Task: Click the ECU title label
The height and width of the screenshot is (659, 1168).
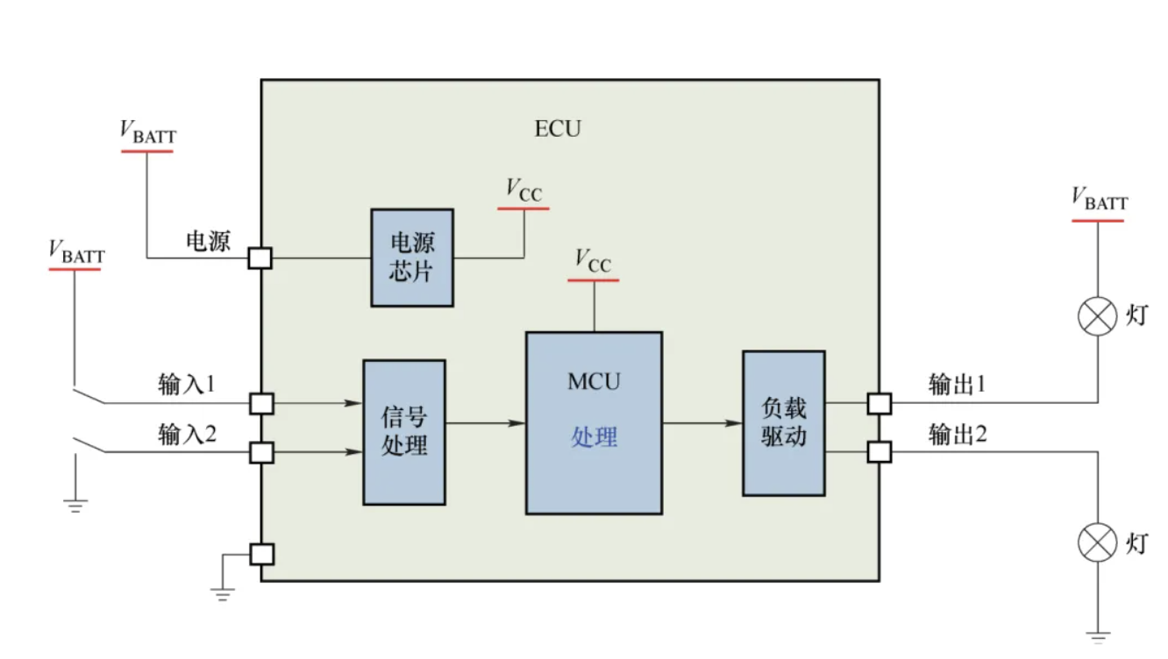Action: tap(558, 129)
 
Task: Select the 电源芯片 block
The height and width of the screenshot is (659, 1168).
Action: tap(411, 258)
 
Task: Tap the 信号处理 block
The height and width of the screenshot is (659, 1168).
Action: tap(404, 432)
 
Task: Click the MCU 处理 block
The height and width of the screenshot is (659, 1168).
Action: tap(594, 422)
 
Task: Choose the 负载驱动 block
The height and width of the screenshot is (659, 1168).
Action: tap(783, 423)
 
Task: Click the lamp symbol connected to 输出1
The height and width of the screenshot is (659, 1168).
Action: tap(1097, 316)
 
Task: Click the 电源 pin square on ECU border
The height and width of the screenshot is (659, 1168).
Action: tap(260, 258)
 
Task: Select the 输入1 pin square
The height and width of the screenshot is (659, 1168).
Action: tap(262, 403)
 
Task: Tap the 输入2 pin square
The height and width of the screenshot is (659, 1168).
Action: tap(262, 452)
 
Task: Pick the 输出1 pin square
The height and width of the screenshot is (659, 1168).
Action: tap(880, 403)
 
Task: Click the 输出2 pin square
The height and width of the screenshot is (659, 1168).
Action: tap(880, 451)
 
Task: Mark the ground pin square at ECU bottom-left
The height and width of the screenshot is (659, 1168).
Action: tap(262, 554)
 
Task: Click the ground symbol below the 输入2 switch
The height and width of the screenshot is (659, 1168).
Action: tap(75, 505)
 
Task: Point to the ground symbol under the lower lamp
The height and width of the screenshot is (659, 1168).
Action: tap(1097, 636)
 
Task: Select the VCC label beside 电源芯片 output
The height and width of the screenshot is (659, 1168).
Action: tap(524, 190)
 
